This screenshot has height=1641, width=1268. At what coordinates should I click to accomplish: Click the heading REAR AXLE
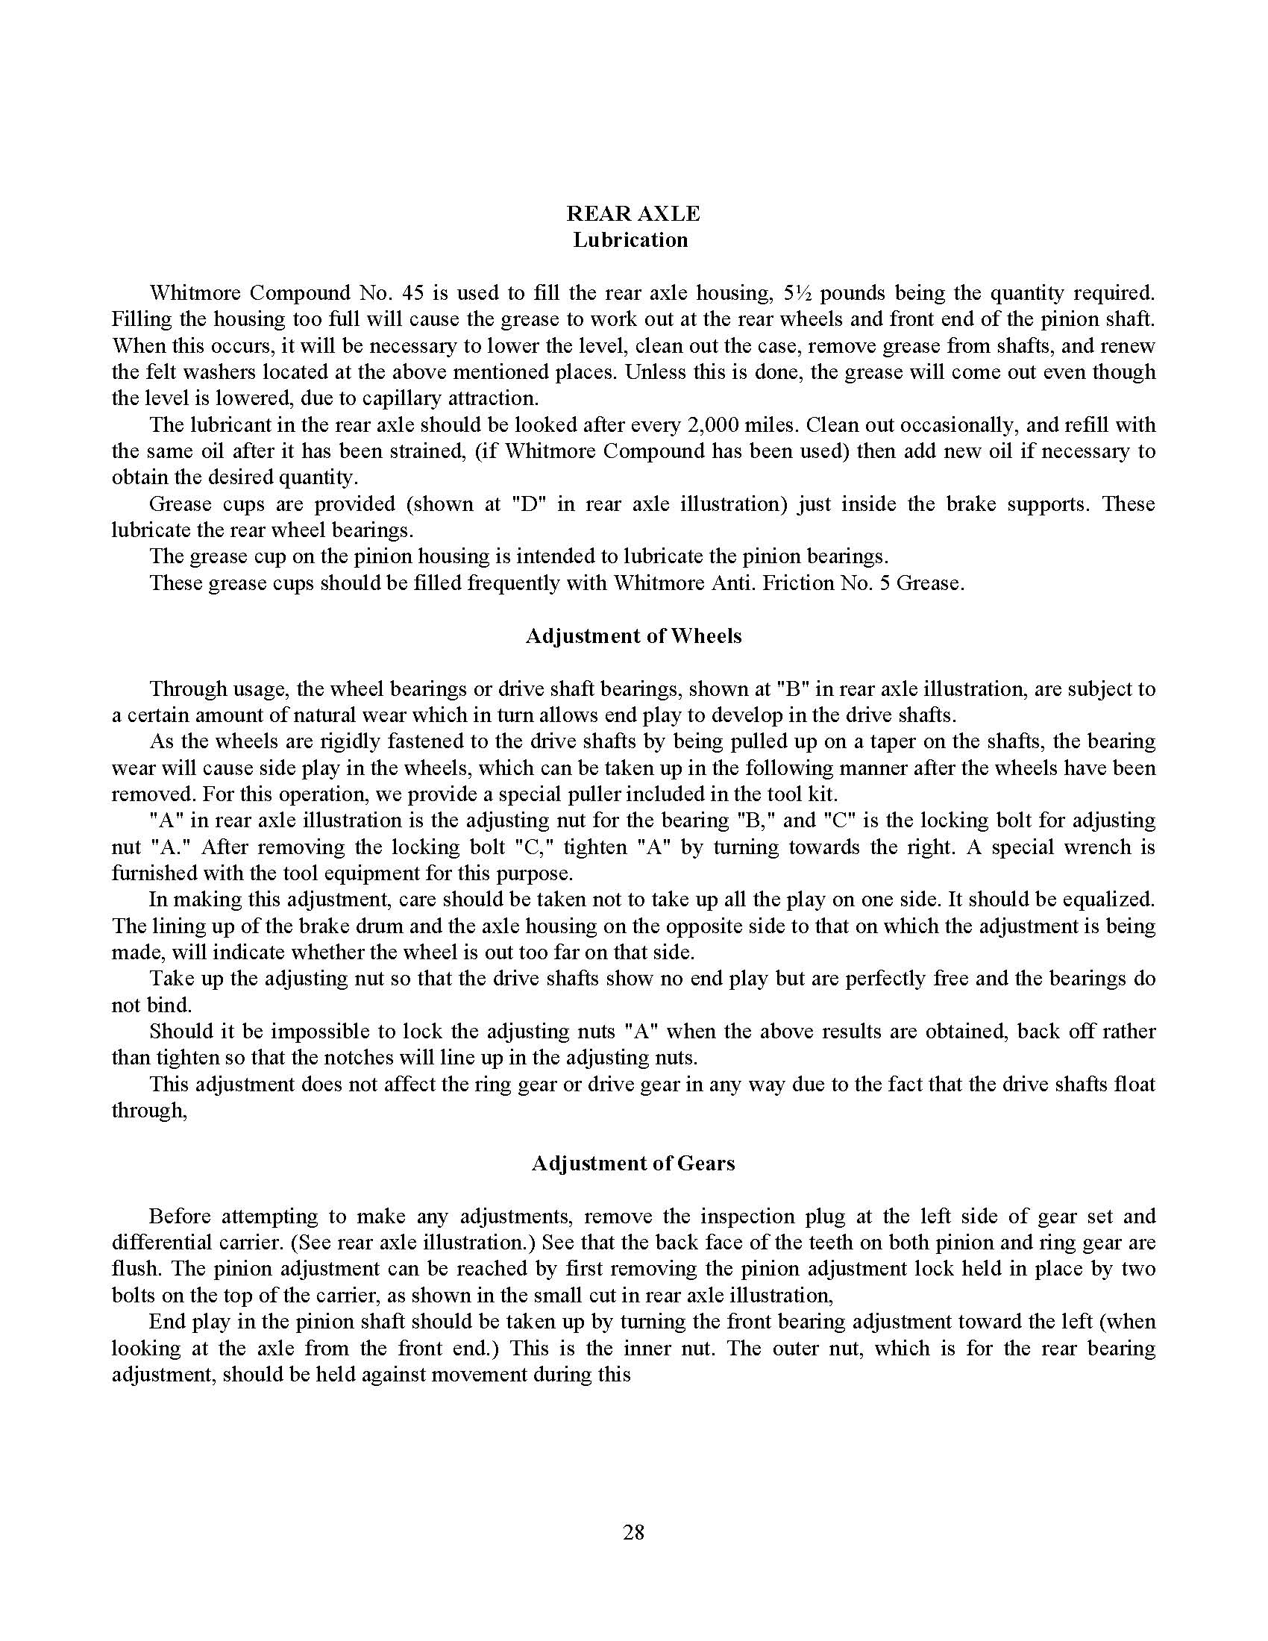point(633,214)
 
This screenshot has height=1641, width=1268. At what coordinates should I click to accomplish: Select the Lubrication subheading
point(630,240)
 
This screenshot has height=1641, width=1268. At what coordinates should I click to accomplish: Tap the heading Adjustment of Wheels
point(633,636)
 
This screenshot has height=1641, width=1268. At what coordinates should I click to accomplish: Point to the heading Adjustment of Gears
point(633,1163)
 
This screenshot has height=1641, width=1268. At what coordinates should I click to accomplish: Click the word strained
point(454,451)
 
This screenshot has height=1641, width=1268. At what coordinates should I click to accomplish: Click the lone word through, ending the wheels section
point(148,1111)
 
